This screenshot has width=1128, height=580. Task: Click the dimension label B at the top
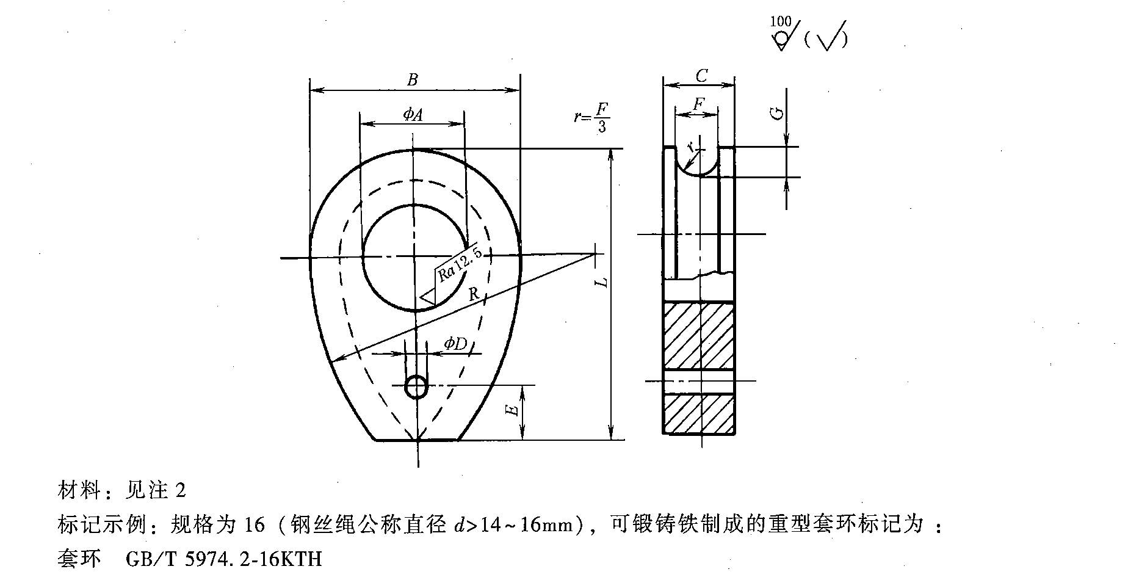point(413,79)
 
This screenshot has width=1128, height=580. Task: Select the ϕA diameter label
point(413,114)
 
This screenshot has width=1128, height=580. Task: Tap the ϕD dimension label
point(455,344)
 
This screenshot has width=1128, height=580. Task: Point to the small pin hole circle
point(417,386)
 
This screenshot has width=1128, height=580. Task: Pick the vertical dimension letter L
point(602,281)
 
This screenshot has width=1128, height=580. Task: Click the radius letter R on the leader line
point(473,294)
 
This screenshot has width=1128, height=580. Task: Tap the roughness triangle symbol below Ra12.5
point(428,298)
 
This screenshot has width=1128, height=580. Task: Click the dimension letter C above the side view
point(701,76)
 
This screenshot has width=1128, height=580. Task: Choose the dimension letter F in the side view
point(698,104)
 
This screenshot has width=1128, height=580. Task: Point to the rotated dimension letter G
point(777,114)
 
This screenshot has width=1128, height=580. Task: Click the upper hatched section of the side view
point(699,336)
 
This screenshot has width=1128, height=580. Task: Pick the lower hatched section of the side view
point(699,414)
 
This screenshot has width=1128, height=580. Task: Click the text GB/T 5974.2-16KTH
point(223,559)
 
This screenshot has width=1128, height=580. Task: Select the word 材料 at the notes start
point(79,490)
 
